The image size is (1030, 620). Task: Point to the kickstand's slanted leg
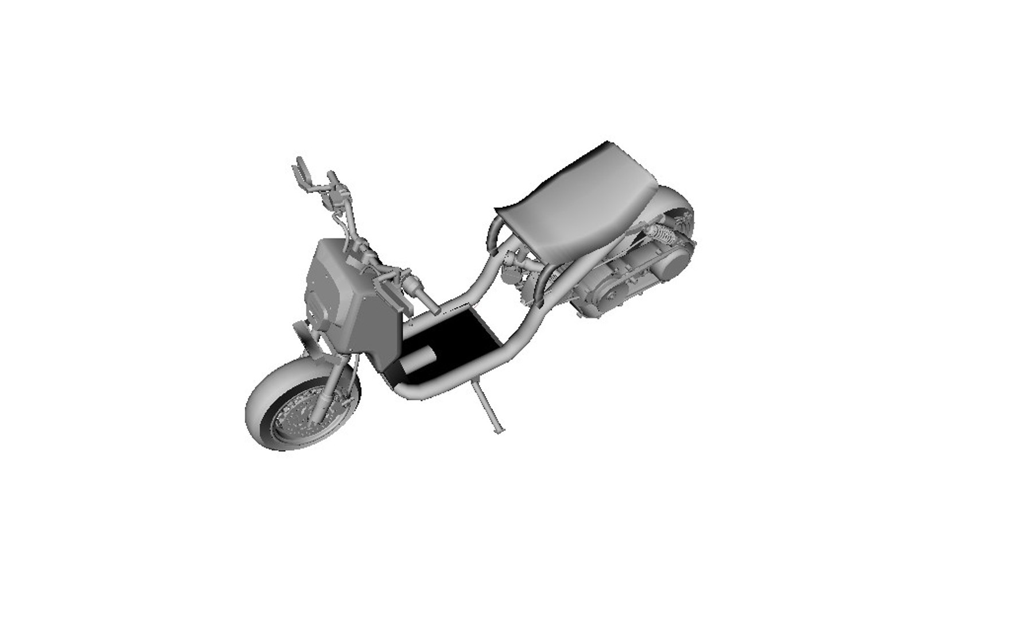pos(485,402)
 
